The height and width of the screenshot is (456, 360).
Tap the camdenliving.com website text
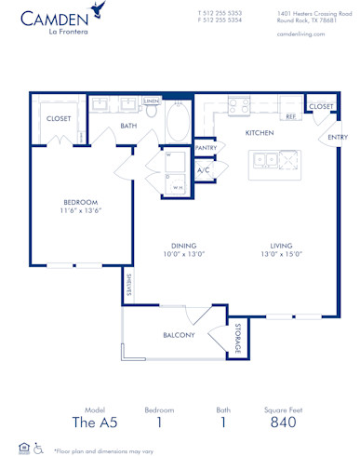click(302, 33)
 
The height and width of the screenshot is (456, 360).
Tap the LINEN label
click(152, 100)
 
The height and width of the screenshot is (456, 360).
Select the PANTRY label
click(206, 147)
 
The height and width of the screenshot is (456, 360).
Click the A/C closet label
click(204, 170)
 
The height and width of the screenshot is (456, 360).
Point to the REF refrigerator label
click(290, 116)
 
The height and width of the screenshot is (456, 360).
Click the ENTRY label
click(336, 138)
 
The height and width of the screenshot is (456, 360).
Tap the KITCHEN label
click(260, 133)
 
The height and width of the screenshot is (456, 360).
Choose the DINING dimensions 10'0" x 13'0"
click(182, 254)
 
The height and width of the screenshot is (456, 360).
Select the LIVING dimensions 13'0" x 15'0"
click(282, 254)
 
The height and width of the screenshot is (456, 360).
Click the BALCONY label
click(179, 334)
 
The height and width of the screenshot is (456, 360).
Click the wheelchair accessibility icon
click(38, 448)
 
